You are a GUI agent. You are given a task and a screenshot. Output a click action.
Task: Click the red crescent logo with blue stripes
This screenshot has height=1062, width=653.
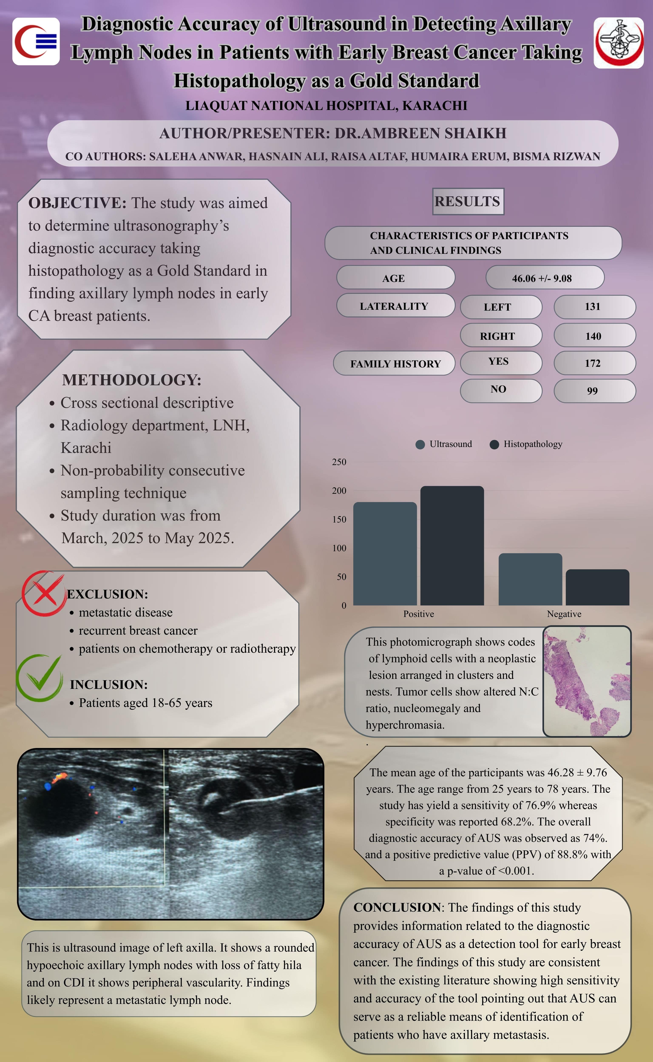click(x=36, y=41)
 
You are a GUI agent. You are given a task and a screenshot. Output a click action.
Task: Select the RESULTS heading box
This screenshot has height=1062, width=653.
click(x=468, y=201)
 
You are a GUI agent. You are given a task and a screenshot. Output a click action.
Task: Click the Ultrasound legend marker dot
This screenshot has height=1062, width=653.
click(x=420, y=444)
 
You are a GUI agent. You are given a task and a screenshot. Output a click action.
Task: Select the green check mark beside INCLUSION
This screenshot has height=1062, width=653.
click(x=39, y=677)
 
